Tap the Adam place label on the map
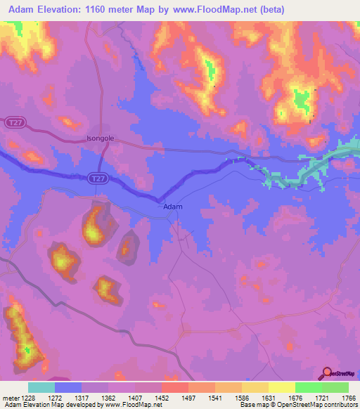tap(173, 207)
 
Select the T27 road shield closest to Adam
tap(98, 180)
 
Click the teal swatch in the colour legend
tap(41, 387)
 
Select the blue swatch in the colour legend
tap(68, 387)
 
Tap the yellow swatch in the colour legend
tap(281, 387)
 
